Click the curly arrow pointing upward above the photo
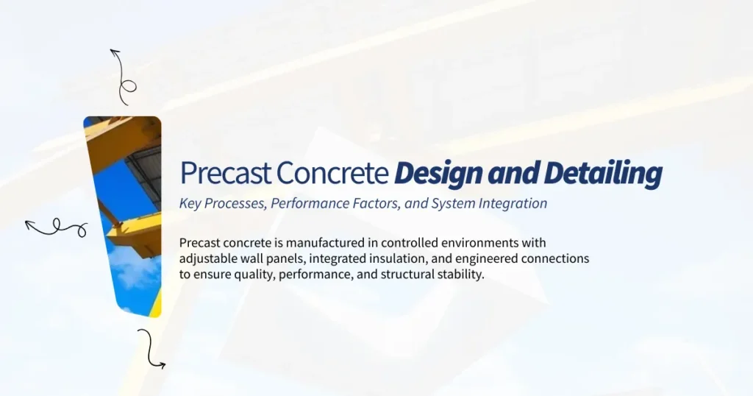coord(123,77)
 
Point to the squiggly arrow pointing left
coord(56,228)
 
